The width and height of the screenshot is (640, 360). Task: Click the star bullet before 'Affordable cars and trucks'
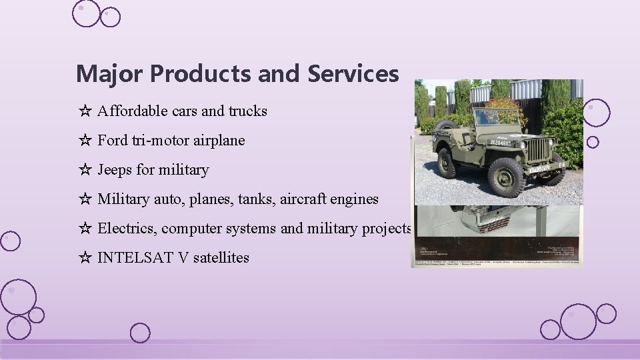(x=85, y=111)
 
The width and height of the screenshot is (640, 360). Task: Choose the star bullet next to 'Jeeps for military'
(x=85, y=170)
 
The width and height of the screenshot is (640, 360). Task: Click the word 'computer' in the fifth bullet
(x=191, y=229)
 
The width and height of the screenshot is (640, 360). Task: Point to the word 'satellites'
(x=221, y=258)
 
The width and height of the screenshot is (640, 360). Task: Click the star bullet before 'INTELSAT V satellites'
(x=85, y=258)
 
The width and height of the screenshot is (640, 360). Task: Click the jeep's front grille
(x=538, y=150)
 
